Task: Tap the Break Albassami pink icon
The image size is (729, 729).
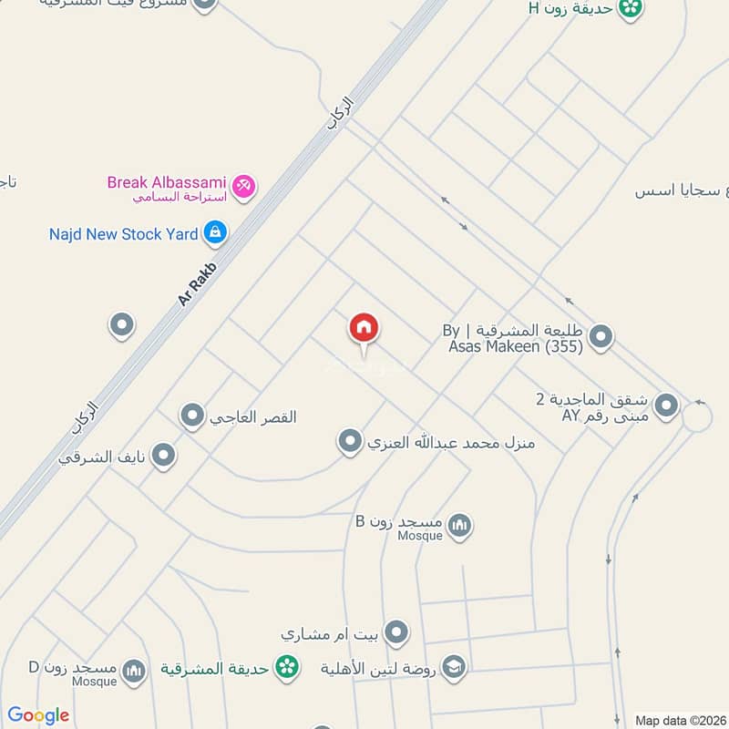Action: tap(243, 188)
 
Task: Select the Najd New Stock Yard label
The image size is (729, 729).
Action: tap(123, 234)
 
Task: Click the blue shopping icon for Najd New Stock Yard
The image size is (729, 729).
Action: tap(215, 233)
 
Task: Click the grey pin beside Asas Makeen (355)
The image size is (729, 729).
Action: tap(601, 338)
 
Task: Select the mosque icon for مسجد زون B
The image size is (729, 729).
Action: tap(460, 525)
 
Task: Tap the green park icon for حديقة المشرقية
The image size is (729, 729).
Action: tap(288, 667)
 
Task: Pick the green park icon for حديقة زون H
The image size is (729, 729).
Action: tap(629, 9)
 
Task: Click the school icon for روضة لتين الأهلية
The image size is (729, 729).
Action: tap(454, 667)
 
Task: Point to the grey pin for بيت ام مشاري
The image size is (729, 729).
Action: tap(396, 631)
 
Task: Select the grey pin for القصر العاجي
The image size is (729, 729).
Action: tap(192, 416)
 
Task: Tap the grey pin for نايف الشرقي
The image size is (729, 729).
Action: tap(163, 454)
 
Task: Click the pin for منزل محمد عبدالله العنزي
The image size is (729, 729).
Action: tap(350, 443)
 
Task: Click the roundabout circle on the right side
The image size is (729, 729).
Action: tap(697, 417)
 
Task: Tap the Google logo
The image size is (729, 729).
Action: tap(38, 715)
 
